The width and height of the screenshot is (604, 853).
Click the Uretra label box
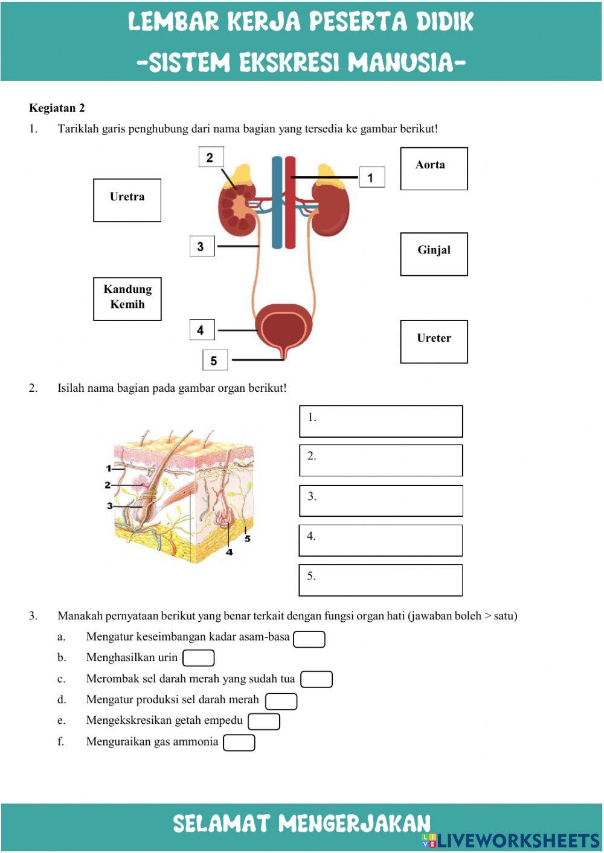coord(127,200)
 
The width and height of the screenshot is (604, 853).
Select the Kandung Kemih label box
coord(127,299)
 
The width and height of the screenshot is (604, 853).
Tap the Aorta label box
coord(434,168)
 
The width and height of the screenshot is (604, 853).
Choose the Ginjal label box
coord(434,254)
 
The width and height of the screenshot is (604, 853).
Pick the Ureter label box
coord(434,342)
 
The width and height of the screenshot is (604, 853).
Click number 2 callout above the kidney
coord(210,158)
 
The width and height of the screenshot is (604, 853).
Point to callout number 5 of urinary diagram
coord(214,361)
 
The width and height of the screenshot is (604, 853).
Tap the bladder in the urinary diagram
coord(284,328)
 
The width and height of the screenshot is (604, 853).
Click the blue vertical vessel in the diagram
coord(277,205)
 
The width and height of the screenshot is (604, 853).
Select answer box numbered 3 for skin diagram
coord(381,501)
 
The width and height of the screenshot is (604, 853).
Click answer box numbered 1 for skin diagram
coord(381,421)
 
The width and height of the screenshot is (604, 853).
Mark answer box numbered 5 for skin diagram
coord(381,580)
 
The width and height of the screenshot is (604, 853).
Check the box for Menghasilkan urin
coord(199,658)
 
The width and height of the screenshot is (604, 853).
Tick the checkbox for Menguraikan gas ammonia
coord(239,743)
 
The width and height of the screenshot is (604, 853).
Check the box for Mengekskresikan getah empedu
coord(264,721)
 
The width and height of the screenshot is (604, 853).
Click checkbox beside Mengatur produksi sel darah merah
coord(281,701)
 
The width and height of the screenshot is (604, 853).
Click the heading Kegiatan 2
coord(57,108)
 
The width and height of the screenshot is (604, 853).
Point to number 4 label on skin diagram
coord(229,552)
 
